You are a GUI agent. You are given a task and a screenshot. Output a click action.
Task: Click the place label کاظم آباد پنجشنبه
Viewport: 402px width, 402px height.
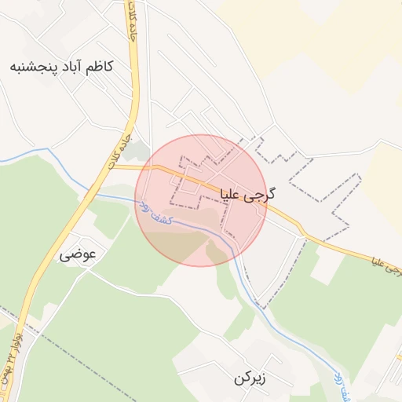pos(61,66)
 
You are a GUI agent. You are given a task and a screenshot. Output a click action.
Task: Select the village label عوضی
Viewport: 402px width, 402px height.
pos(77,255)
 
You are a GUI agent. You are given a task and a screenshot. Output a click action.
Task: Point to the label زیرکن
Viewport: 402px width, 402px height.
pos(250,378)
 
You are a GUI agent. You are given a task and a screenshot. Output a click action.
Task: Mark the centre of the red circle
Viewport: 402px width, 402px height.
pos(201,201)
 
